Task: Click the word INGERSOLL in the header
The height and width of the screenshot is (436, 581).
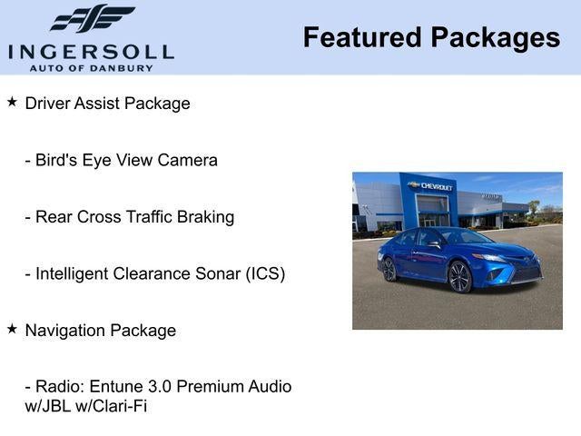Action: tap(91, 51)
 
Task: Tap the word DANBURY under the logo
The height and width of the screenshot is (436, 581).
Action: tap(124, 67)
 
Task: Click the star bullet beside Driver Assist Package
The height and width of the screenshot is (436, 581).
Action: tap(12, 102)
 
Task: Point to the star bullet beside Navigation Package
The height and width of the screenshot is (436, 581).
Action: tap(12, 329)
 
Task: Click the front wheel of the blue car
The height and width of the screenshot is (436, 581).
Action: tap(459, 277)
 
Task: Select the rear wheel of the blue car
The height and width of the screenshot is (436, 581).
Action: tap(389, 269)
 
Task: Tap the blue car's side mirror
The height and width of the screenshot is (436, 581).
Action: tap(435, 243)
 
